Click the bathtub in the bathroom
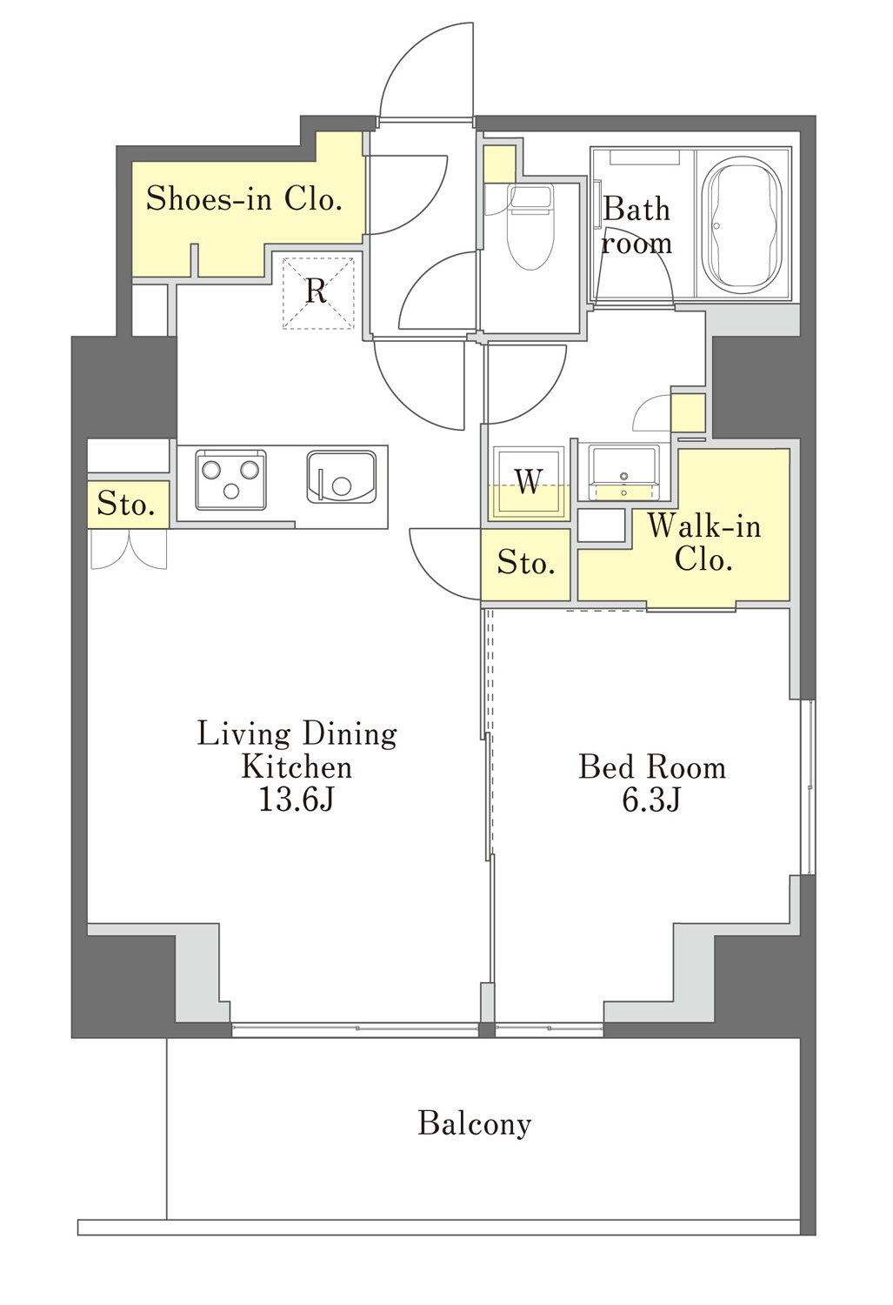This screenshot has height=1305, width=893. coord(742,224)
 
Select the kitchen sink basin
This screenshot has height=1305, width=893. coord(342,477)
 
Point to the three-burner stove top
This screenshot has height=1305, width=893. coord(230,478)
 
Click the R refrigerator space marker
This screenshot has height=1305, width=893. coord(317,291)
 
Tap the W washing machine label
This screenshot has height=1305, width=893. coord(529,481)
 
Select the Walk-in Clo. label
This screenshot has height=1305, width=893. coord(703,542)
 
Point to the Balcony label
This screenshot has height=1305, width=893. coord(475,1123)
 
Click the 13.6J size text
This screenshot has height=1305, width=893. coord(296,800)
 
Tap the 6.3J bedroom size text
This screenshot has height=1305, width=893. coord(651,800)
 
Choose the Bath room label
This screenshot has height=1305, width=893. coord(636,225)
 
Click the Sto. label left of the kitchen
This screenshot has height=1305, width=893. coord(126,504)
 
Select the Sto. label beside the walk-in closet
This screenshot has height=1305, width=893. coord(526,563)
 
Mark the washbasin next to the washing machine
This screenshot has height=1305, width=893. coord(623,472)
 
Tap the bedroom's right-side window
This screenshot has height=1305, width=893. coord(808,787)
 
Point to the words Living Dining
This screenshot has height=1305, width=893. coord(297,733)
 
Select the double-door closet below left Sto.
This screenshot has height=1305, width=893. coord(129,549)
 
